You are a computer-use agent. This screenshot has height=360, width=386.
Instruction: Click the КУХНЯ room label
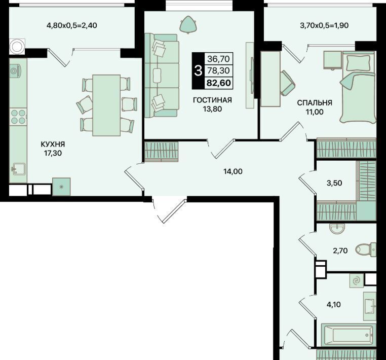click(x=53, y=144)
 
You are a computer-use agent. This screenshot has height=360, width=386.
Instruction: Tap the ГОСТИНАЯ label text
click(x=212, y=100)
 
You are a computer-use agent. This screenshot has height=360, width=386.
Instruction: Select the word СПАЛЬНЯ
click(x=315, y=103)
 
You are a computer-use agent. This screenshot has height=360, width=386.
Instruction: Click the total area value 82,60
click(x=219, y=83)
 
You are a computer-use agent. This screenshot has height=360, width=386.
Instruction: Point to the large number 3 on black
click(x=198, y=70)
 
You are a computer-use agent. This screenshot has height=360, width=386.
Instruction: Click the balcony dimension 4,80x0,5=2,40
click(x=72, y=25)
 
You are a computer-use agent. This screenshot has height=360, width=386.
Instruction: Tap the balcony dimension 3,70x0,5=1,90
click(x=324, y=25)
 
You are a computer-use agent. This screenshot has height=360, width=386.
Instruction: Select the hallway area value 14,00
click(x=233, y=171)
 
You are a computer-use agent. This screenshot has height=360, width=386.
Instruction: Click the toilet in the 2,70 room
click(x=366, y=249)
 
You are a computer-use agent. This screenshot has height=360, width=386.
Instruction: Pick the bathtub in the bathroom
click(x=349, y=335)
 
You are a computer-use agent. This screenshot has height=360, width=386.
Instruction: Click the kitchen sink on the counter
click(x=19, y=169)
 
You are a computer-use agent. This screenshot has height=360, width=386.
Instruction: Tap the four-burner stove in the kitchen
click(x=18, y=117)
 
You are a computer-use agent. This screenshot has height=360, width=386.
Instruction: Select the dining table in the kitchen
click(x=106, y=105)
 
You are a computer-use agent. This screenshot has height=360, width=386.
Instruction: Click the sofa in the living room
click(x=162, y=76)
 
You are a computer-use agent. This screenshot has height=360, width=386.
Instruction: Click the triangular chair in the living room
click(x=188, y=24)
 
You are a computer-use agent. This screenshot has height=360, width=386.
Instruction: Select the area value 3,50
click(x=334, y=183)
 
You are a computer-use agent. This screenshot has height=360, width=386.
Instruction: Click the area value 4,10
click(x=333, y=305)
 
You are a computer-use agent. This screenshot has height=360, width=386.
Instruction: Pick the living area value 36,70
click(x=219, y=59)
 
